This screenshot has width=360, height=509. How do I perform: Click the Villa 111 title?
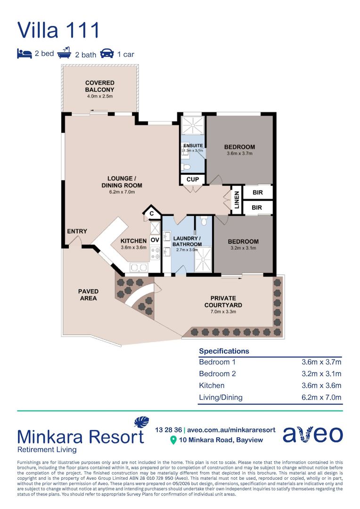tap(58, 30)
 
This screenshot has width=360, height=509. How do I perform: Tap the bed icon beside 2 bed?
tap(25, 54)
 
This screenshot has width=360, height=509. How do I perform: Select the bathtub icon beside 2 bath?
tap(64, 53)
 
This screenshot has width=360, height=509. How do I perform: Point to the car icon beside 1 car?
tap(107, 54)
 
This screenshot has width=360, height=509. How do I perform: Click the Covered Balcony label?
tap(99, 86)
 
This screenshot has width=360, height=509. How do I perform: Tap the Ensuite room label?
tap(193, 146)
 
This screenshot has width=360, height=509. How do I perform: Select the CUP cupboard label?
tap(193, 179)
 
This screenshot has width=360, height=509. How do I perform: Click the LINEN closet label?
tap(237, 200)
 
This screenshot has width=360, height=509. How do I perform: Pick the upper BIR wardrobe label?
tap(257, 192)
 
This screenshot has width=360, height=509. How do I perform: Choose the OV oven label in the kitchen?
tap(155, 240)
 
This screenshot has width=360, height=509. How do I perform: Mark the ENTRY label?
tap(77, 231)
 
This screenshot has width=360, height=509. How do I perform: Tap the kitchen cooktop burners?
tap(155, 253)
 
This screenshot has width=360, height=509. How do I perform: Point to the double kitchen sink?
tap(139, 268)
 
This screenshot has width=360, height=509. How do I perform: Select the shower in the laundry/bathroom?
tap(203, 260)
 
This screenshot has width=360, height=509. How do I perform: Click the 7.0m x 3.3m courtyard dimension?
tap(223, 312)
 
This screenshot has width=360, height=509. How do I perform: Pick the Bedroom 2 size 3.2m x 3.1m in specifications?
tap(321, 374)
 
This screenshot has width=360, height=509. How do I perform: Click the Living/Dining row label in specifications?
tap(221, 397)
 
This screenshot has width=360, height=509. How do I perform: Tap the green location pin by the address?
tap(173, 440)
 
